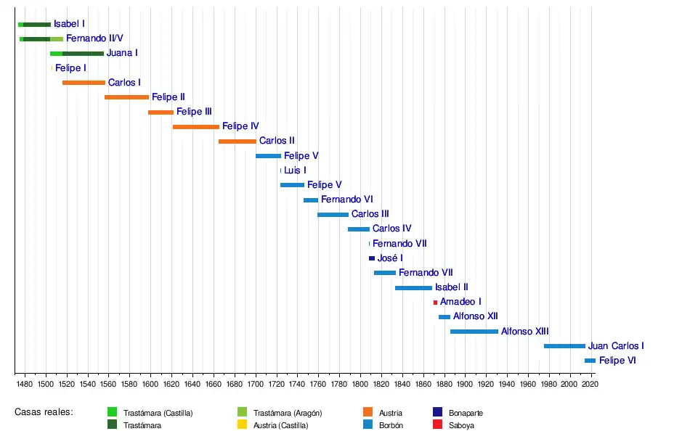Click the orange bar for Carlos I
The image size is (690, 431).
tap(84, 83)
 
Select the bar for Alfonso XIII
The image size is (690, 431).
tap(474, 332)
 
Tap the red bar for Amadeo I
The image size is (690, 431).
tap(436, 302)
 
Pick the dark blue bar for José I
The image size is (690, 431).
tap(372, 258)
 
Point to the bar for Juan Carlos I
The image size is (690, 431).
tap(564, 346)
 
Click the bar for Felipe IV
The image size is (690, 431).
tap(196, 127)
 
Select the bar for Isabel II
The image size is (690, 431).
tap(413, 288)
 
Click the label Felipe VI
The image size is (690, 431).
tap(617, 361)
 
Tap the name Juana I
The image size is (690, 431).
tap(122, 53)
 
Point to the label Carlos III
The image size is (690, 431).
tap(370, 214)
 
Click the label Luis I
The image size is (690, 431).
tap(295, 171)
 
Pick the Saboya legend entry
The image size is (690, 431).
tap(461, 425)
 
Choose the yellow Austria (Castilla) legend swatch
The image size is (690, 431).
tap(243, 424)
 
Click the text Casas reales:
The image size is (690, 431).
tap(44, 412)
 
